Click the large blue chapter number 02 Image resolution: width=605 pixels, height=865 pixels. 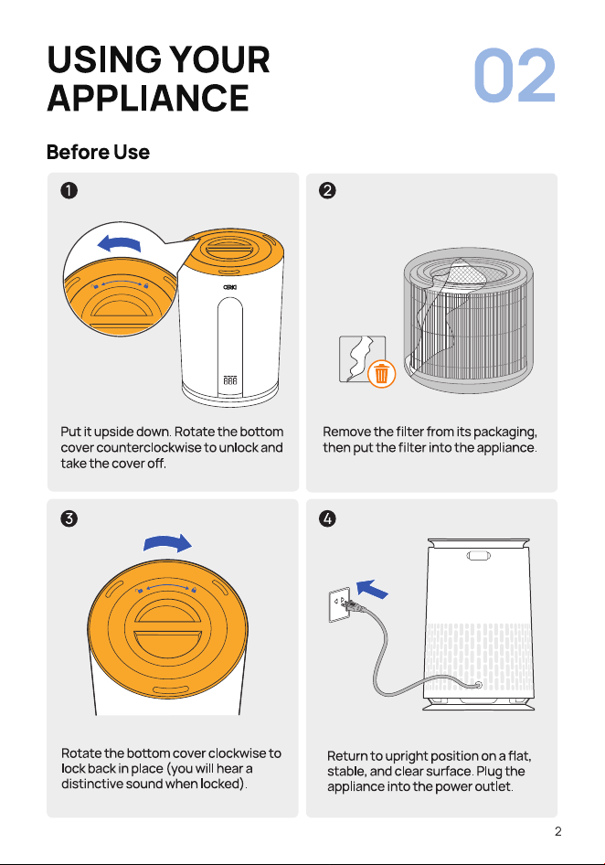[x=515, y=75]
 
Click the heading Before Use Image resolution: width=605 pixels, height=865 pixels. [x=98, y=152]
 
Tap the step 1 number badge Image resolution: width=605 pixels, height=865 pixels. [x=69, y=190]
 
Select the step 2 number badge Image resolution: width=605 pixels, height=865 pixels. [x=327, y=190]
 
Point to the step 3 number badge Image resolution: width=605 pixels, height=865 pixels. [x=69, y=518]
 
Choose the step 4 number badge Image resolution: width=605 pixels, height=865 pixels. [x=327, y=518]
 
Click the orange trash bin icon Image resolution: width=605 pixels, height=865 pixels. [x=382, y=374]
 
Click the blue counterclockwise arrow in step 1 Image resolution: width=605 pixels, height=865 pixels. [x=119, y=243]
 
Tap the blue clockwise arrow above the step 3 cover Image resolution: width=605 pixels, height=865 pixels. [x=167, y=543]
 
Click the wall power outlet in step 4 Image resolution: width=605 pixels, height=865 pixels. [x=340, y=605]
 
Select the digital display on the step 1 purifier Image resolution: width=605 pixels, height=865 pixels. [x=230, y=380]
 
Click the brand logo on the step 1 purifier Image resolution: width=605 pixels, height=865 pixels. [x=230, y=287]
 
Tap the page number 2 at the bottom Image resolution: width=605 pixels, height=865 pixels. [x=558, y=831]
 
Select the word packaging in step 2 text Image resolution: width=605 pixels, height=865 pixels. [x=505, y=432]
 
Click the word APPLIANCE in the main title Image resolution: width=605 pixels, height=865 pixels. [x=148, y=98]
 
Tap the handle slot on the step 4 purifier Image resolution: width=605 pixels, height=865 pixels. [x=479, y=556]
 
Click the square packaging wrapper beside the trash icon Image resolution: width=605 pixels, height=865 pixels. [x=362, y=358]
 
